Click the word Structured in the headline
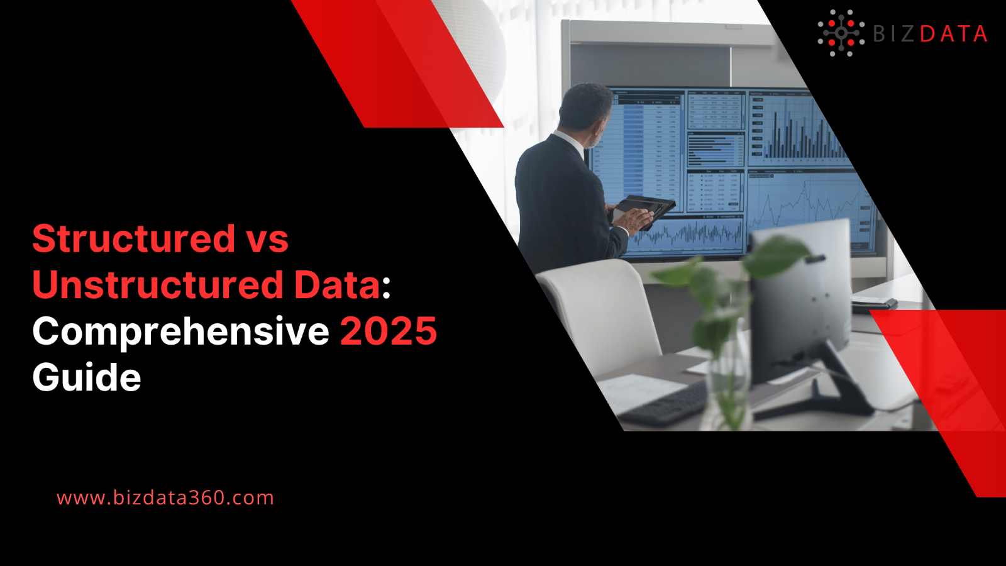tap(134, 239)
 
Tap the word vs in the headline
tap(267, 240)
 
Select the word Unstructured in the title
tap(158, 285)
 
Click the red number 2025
tap(388, 331)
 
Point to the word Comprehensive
tap(180, 332)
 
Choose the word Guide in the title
tap(87, 377)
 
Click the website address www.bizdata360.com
tap(165, 497)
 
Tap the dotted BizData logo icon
tap(841, 33)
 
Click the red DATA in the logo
tap(953, 34)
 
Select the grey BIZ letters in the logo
tap(893, 34)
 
